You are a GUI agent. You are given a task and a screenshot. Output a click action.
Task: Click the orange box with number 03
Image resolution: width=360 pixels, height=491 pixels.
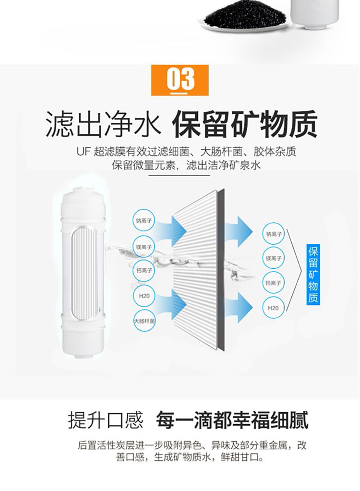pyautogui.click(x=180, y=80)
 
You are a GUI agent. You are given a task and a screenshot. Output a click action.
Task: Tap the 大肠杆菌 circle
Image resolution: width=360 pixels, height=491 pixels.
pyautogui.click(x=144, y=321)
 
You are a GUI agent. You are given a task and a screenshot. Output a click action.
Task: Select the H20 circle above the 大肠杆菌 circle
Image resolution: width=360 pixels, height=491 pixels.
pyautogui.click(x=144, y=296)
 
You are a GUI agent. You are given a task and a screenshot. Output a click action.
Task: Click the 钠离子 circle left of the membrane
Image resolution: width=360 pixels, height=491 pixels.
pyautogui.click(x=144, y=220)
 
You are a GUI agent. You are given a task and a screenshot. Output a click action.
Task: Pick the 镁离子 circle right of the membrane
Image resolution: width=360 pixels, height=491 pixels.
pyautogui.click(x=274, y=258)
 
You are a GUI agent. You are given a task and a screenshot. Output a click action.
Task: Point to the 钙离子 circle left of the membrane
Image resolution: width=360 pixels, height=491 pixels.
pyautogui.click(x=144, y=271)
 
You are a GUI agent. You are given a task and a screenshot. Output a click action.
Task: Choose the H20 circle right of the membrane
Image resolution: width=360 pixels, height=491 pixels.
pyautogui.click(x=273, y=308)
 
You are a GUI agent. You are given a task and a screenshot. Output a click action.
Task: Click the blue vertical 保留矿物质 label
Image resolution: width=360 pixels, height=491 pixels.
pyautogui.click(x=313, y=275)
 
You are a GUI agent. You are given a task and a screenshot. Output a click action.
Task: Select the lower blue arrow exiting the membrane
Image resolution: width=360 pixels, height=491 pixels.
pyautogui.click(x=239, y=307)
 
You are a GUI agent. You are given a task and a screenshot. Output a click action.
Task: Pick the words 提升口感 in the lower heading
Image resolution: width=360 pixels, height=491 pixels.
pyautogui.click(x=106, y=420)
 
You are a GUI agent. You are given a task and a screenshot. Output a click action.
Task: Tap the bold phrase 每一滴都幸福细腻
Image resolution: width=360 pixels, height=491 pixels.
pyautogui.click(x=232, y=420)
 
